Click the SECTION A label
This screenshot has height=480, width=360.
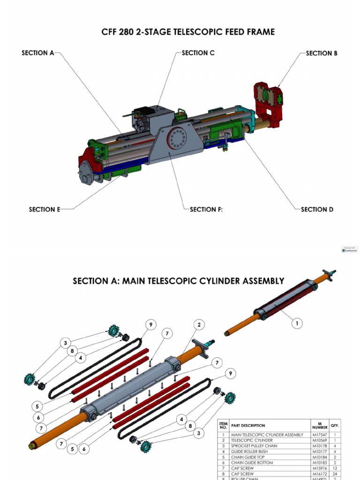pyautogui.click(x=38, y=53)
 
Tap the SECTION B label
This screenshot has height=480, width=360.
pyautogui.click(x=322, y=53)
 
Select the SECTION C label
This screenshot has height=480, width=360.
pyautogui.click(x=198, y=53)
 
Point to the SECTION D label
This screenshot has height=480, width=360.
pyautogui.click(x=317, y=210)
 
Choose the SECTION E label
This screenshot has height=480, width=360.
pyautogui.click(x=45, y=210)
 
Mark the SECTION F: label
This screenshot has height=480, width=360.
pyautogui.click(x=206, y=210)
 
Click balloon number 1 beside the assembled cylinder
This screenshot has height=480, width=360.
pyautogui.click(x=296, y=323)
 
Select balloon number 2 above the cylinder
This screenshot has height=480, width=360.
pyautogui.click(x=199, y=324)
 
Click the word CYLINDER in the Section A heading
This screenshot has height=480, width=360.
pyautogui.click(x=222, y=281)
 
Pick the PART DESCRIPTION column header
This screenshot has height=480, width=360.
pyautogui.click(x=248, y=426)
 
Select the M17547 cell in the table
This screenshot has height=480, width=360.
pyautogui.click(x=320, y=435)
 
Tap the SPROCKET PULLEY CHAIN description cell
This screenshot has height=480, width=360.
pyautogui.click(x=252, y=446)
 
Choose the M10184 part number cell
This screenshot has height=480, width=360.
pyautogui.click(x=320, y=457)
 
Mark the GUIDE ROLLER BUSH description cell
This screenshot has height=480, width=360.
pyautogui.click(x=249, y=451)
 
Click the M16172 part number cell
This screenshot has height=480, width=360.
pyautogui.click(x=320, y=474)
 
